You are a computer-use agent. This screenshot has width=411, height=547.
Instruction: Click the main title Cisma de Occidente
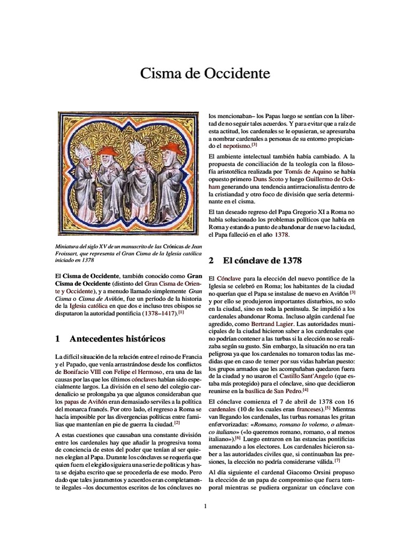tap(205, 73)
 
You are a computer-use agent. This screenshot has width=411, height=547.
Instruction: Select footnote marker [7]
tap(337, 460)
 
